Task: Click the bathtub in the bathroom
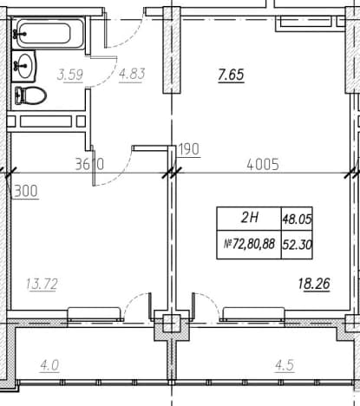[x=48, y=34]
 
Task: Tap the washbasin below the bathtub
[x=23, y=66]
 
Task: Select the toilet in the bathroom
[x=30, y=95]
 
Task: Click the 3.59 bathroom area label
[x=70, y=75]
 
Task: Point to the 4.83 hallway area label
[x=132, y=74]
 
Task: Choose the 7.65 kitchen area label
[x=231, y=75]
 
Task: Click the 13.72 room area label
[x=42, y=284]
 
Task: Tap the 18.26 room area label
[x=314, y=284]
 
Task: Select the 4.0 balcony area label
[x=49, y=365]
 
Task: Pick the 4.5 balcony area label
[x=285, y=365]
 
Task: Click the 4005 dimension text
[x=263, y=165]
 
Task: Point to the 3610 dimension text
[x=89, y=164]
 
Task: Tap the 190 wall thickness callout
[x=189, y=149]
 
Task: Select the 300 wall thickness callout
[x=26, y=191]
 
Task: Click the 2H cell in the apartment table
[x=249, y=218]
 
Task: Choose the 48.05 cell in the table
[x=297, y=219]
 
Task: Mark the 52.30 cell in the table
[x=297, y=245]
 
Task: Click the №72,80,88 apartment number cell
[x=249, y=245]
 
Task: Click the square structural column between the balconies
[x=172, y=324]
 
